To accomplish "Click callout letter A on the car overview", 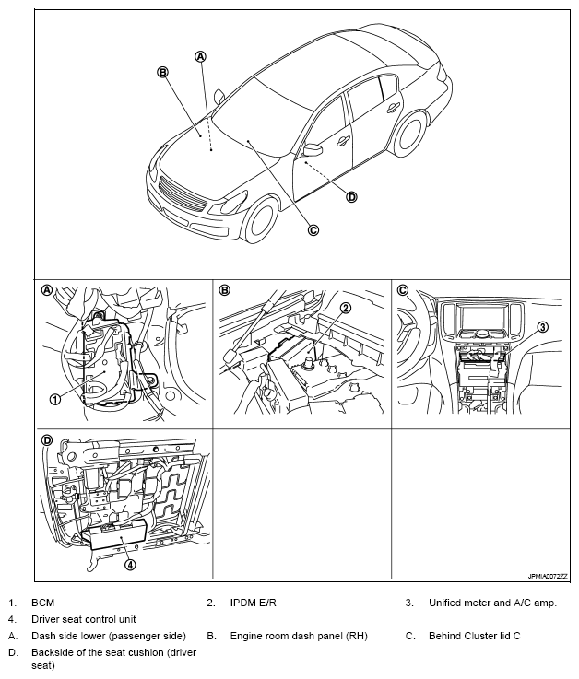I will [201, 56].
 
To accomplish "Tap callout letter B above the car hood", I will [162, 72].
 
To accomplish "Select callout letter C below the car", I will [313, 230].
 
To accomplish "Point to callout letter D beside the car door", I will [351, 196].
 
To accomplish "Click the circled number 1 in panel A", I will [54, 399].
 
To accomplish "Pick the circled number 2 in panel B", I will [345, 308].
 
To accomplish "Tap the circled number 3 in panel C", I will [543, 326].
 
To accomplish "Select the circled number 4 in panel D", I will [130, 565].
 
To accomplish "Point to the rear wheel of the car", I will [407, 135].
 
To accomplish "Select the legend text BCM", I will [43, 603].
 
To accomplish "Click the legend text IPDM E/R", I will [254, 603].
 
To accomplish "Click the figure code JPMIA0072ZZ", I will [547, 574].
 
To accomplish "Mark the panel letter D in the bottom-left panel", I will [47, 439].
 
